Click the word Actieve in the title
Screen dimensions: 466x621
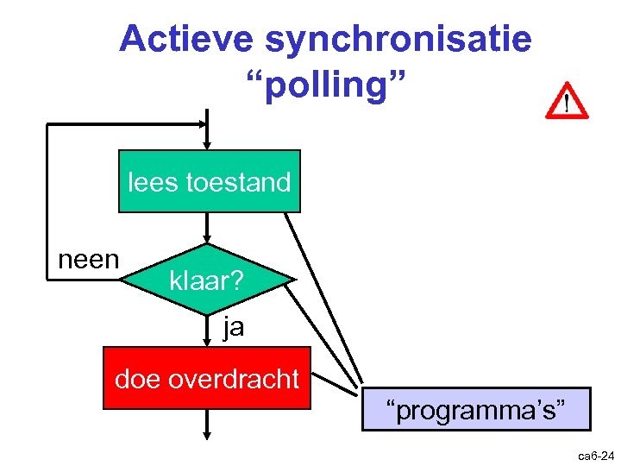(187, 39)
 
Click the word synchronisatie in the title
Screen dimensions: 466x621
(398, 39)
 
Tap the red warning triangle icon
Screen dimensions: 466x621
(567, 102)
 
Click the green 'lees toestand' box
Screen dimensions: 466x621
(210, 181)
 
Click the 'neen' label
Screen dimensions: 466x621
(88, 259)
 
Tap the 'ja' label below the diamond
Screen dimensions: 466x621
(233, 327)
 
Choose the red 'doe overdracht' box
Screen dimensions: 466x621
(207, 379)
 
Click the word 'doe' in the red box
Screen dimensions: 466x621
(135, 379)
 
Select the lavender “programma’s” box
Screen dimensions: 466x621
(476, 409)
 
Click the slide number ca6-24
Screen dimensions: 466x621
(595, 455)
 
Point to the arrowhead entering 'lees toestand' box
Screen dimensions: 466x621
(207, 144)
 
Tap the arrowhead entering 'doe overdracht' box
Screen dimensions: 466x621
(207, 341)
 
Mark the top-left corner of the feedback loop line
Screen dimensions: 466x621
(47, 125)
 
